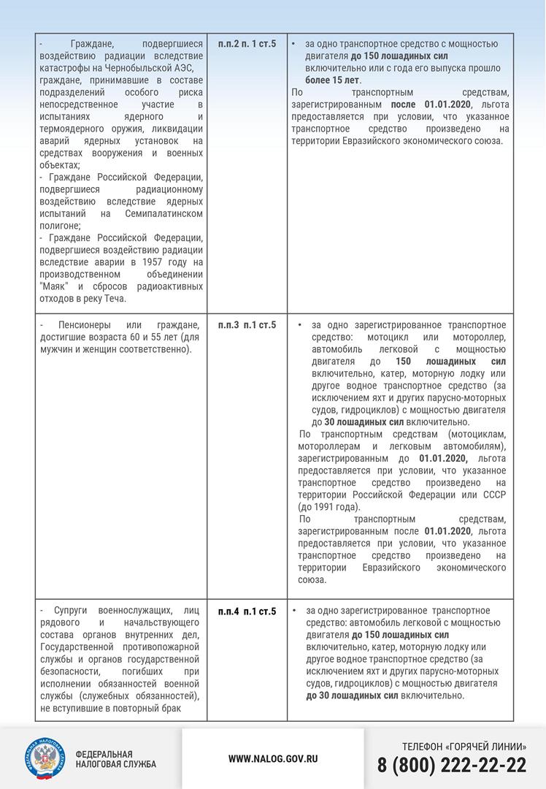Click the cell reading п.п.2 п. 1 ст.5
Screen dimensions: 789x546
(x=247, y=45)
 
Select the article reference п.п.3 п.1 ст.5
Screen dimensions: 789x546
(x=247, y=324)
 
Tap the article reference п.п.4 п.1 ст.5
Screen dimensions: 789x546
(x=247, y=611)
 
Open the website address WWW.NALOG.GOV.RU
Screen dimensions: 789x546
(x=273, y=759)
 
